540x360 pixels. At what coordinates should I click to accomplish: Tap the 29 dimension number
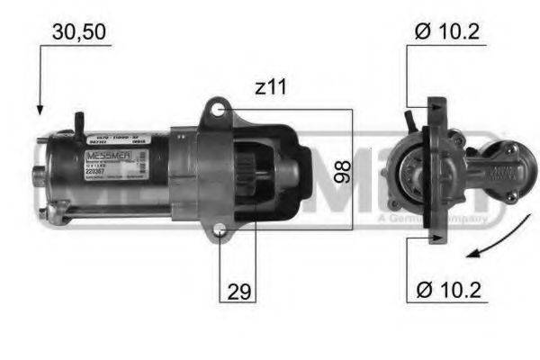pyautogui.click(x=239, y=292)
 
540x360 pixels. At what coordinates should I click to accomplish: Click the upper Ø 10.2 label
pyautogui.click(x=446, y=32)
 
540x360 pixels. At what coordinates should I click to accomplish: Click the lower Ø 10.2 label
pyautogui.click(x=446, y=292)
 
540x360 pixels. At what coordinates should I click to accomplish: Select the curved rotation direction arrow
pyautogui.click(x=495, y=243)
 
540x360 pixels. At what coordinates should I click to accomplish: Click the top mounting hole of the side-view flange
pyautogui.click(x=217, y=109)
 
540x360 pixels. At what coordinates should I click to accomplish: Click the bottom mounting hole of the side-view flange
pyautogui.click(x=220, y=237)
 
